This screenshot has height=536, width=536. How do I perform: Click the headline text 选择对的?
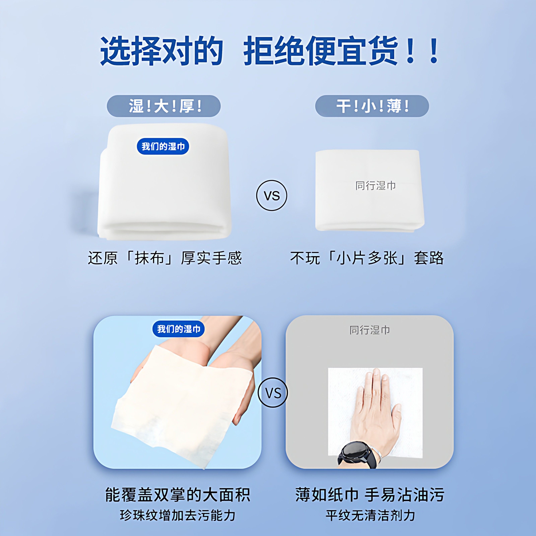tap(161, 51)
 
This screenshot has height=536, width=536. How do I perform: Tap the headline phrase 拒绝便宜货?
tap(320, 51)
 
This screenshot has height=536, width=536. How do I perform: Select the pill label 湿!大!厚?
tap(164, 106)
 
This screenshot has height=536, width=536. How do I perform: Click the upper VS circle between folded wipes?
tap(272, 196)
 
